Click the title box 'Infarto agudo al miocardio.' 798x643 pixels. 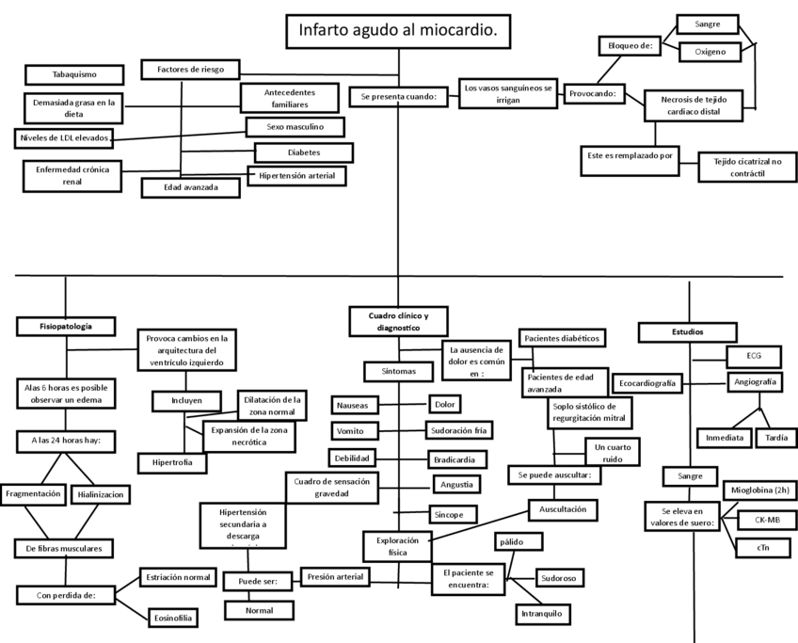pos(399,31)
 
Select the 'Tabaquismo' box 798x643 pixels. pos(74,74)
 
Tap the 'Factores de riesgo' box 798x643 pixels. pos(190,70)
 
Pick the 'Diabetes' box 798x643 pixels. pos(304,152)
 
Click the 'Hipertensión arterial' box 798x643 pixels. pos(296,175)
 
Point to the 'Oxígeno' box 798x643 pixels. pos(710,52)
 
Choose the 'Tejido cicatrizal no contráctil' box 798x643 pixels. pos(742,168)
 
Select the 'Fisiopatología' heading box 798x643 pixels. pos(66,326)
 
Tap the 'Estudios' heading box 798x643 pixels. pos(687,331)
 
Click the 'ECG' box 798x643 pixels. pos(754,356)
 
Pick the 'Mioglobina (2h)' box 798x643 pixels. pos(760,490)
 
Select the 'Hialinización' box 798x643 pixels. pos(98,494)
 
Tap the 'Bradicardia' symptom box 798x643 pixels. pos(457,459)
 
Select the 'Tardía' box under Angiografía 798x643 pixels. pos(776,438)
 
